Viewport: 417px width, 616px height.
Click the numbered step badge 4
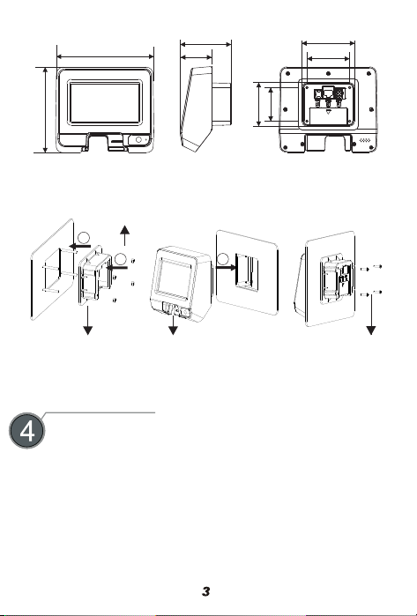pos(26,431)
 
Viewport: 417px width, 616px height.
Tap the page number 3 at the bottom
pos(206,591)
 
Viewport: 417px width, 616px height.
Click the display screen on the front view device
pos(105,102)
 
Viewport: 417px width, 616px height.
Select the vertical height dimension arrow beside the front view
pos(46,110)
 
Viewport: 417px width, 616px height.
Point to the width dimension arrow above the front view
pos(105,56)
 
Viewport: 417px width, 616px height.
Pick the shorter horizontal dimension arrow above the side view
pos(196,58)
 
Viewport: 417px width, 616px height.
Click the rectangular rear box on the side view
pos(221,104)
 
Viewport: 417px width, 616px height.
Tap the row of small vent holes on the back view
pos(365,140)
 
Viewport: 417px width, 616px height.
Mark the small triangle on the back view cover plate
pos(329,112)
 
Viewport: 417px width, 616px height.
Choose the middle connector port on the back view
pos(328,93)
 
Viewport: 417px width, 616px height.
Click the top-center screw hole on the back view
pos(328,73)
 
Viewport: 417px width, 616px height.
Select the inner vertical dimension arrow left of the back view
pos(271,105)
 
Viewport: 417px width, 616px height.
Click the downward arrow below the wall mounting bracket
pos(87,320)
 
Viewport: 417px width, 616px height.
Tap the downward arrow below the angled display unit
pos(173,325)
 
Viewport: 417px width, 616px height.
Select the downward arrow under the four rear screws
pos(371,315)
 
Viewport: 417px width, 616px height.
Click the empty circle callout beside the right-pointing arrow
pos(223,258)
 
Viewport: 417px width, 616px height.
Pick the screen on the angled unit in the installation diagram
pos(175,277)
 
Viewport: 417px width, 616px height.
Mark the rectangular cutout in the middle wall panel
pos(247,272)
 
